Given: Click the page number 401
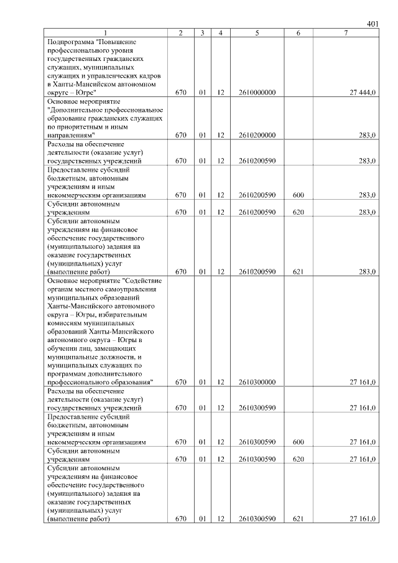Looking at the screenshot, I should click(x=373, y=24).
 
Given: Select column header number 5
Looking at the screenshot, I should click(x=257, y=32).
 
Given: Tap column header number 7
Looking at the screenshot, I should click(x=346, y=32).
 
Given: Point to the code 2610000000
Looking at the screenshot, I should click(x=257, y=92).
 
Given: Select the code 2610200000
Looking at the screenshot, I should click(x=257, y=135).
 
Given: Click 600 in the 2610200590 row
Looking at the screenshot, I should click(x=298, y=195).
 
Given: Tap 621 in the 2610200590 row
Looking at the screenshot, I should click(x=298, y=272).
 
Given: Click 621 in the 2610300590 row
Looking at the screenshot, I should click(x=298, y=519).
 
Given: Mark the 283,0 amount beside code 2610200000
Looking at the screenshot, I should click(x=367, y=135).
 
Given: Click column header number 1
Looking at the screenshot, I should click(x=106, y=32).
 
